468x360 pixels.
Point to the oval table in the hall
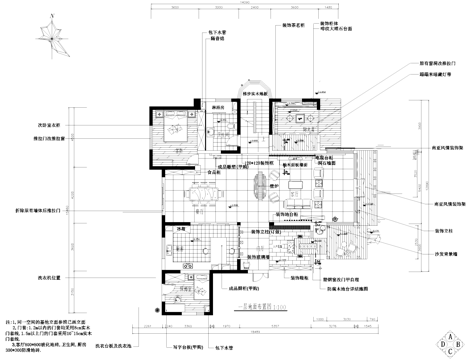coord(261,184)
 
